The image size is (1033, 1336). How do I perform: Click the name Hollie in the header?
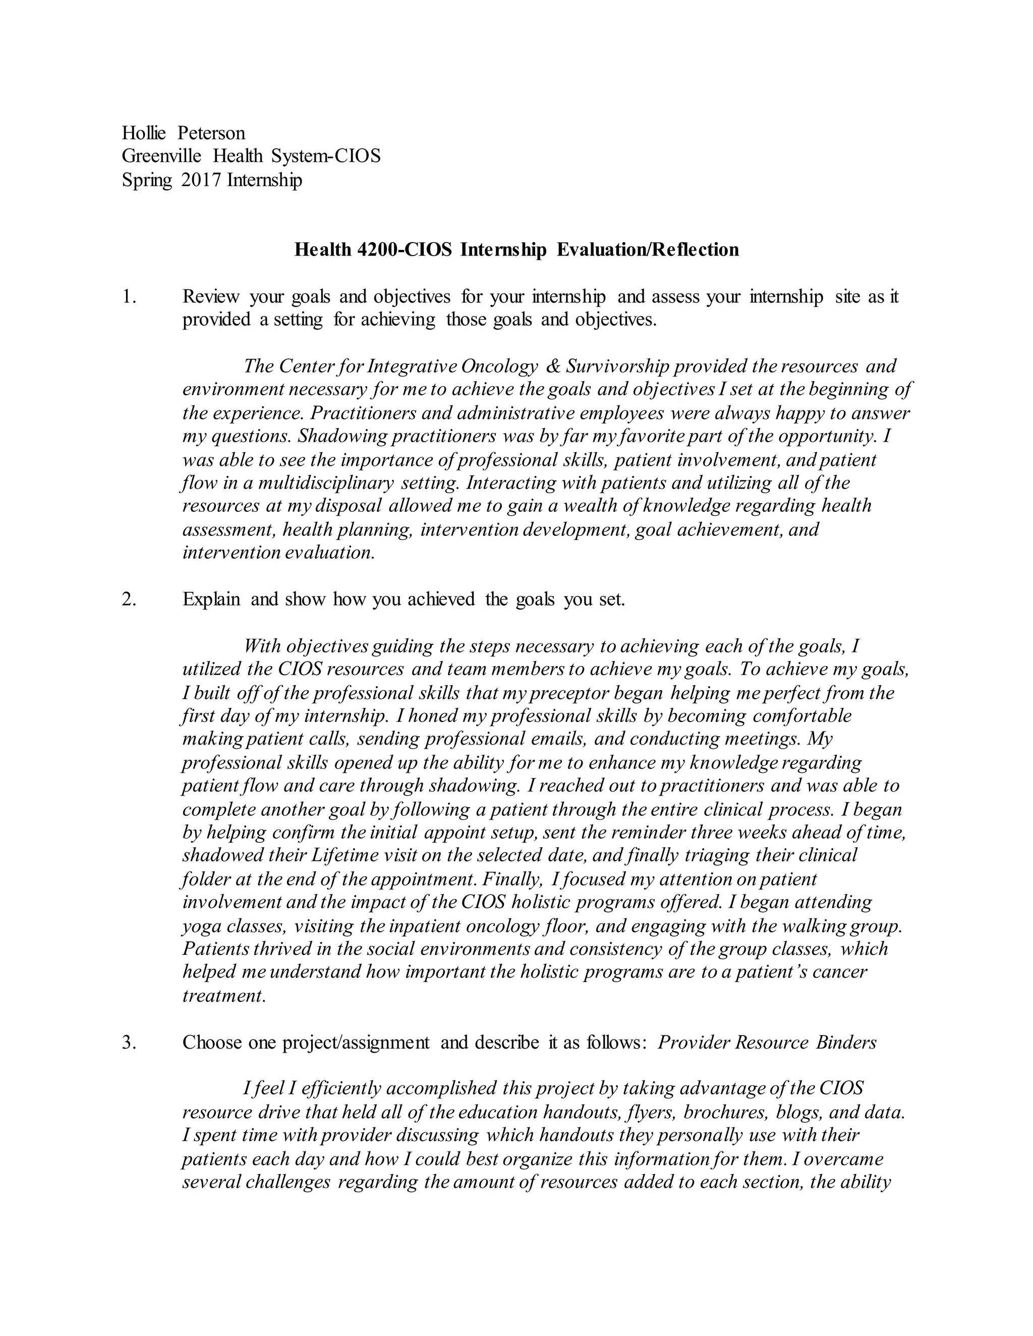pyautogui.click(x=144, y=133)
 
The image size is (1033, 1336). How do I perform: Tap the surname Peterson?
pyautogui.click(x=211, y=133)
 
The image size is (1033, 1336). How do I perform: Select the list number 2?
pyautogui.click(x=129, y=599)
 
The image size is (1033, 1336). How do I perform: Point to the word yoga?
pyautogui.click(x=201, y=926)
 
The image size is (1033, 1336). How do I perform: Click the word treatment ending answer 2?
pyautogui.click(x=223, y=996)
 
